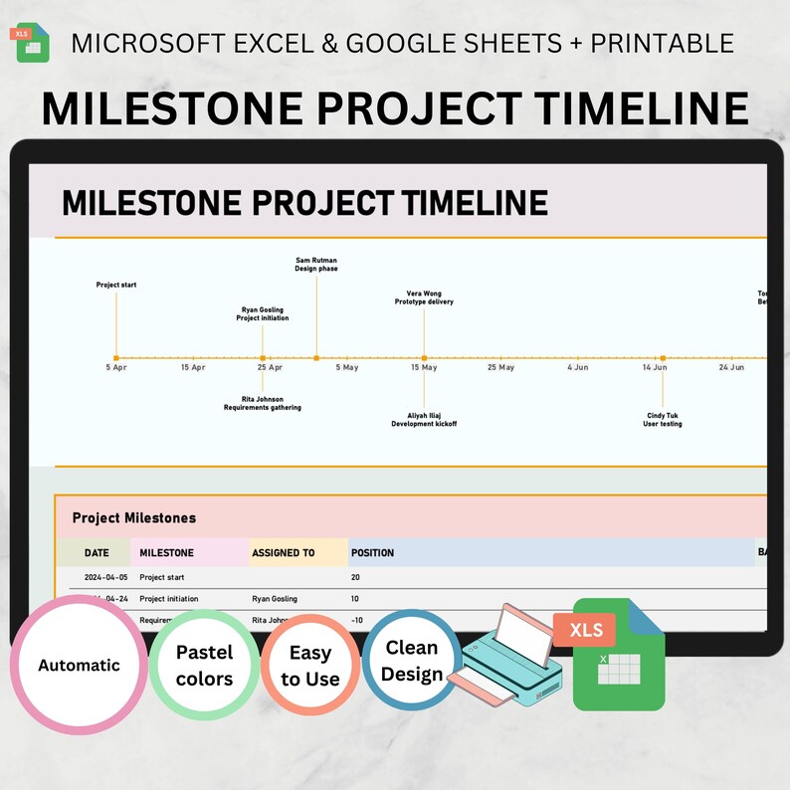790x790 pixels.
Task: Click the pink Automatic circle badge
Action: tap(79, 665)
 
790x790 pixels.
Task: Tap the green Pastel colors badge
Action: tap(204, 665)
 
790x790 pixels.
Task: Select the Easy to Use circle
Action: tap(309, 666)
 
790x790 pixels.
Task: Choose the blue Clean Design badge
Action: tap(411, 661)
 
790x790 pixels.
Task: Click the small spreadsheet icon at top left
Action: tap(33, 43)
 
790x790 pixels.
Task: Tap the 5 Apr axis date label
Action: tap(116, 367)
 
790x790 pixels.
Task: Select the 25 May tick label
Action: tap(500, 367)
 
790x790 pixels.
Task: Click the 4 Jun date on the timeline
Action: tap(578, 367)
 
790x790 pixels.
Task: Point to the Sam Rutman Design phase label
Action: tap(316, 264)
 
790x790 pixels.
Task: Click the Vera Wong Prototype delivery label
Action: tap(424, 297)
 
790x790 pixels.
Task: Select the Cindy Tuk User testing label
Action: tap(663, 419)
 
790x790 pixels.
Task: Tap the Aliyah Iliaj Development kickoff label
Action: tap(424, 419)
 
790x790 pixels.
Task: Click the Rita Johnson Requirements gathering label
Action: tap(262, 403)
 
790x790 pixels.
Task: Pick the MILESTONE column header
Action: tap(167, 552)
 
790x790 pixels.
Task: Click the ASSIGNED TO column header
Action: tap(284, 552)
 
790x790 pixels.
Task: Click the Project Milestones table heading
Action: tap(134, 517)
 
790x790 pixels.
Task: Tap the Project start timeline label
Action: tap(116, 286)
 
